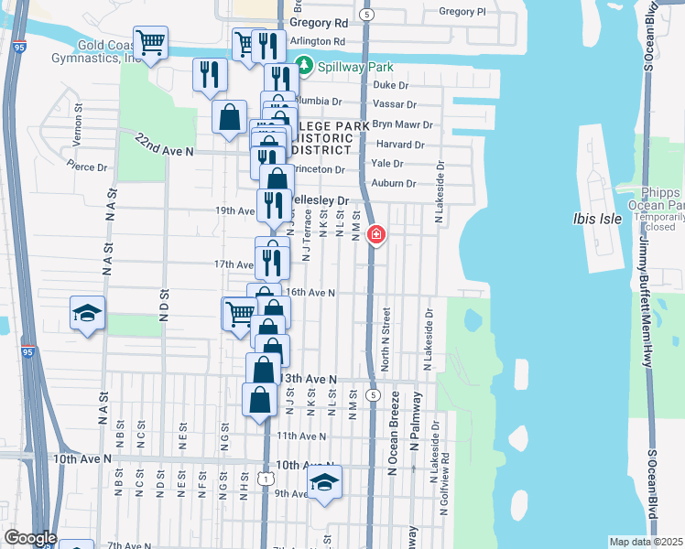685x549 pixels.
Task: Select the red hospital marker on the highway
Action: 375,235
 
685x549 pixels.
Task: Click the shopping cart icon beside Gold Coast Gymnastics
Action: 150,41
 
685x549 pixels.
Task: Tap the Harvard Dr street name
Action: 400,145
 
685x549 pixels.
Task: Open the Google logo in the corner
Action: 30,538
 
